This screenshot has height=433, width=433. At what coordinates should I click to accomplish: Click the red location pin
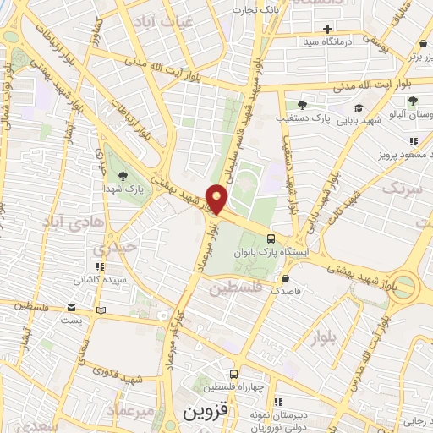217,199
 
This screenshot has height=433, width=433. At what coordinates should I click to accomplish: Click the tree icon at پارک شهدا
124,177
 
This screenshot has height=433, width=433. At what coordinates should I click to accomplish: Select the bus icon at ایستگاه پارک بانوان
271,238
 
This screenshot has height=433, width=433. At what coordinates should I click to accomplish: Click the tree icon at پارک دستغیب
301,105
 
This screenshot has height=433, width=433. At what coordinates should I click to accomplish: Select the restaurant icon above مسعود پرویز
414,141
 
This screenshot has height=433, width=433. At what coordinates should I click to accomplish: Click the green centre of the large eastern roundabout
405,286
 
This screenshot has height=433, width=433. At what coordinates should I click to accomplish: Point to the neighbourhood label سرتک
401,189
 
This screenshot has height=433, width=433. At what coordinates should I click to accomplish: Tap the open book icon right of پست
102,310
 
